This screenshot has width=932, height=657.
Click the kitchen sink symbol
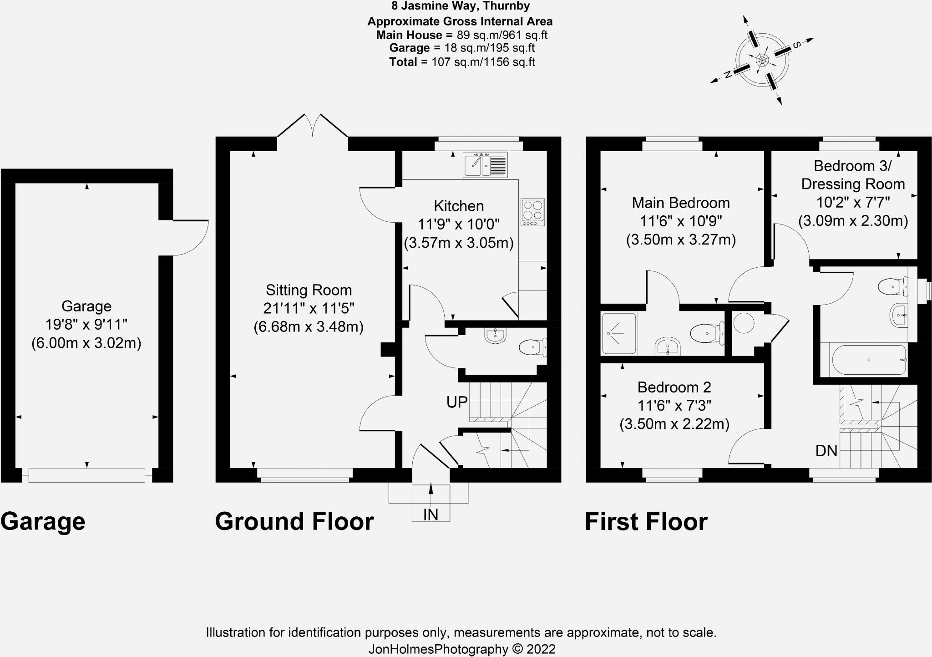point(485,164)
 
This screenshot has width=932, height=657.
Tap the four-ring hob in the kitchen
point(533,212)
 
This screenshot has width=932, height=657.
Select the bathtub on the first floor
point(869,360)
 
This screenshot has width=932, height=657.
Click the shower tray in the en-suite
point(618,333)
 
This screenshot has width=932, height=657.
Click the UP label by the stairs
point(457,402)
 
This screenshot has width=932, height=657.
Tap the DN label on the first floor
point(826,451)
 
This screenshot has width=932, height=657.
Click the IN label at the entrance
point(431,514)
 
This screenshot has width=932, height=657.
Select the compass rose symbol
point(762,60)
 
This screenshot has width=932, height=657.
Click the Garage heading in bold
point(43,521)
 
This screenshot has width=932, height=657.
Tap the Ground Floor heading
point(294,521)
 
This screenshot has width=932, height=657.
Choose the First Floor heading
point(646,521)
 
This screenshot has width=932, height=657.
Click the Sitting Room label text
point(309,290)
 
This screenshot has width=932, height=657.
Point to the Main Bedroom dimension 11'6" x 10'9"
point(681,221)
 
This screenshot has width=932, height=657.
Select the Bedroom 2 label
point(674,387)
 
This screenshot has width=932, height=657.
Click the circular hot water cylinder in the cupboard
point(744,323)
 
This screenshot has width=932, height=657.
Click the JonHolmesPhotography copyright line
point(461,649)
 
